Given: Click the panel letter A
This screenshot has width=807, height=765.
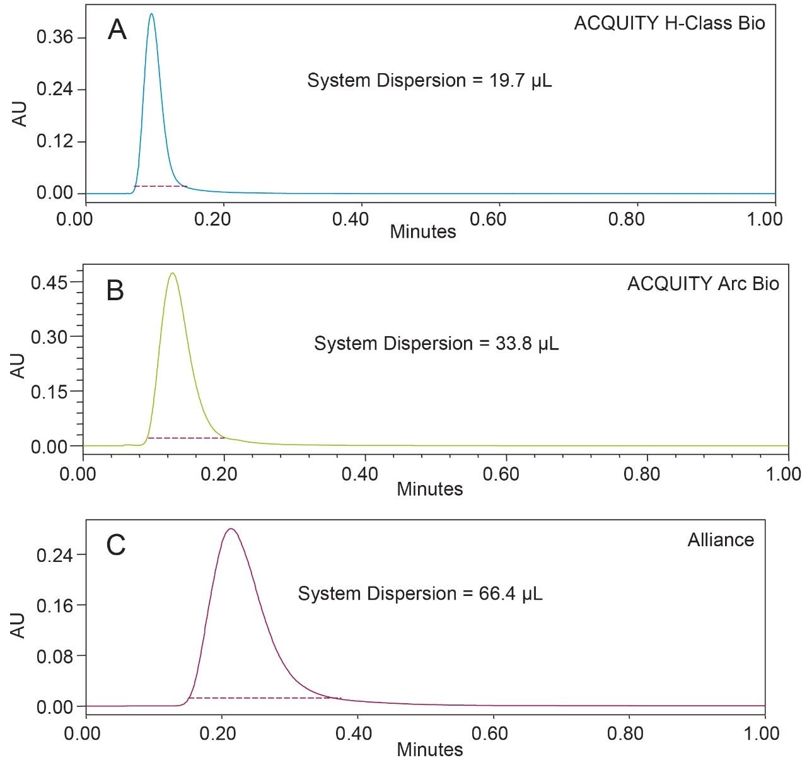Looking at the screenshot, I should coord(117,30).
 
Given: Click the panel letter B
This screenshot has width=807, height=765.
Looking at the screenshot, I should coord(115,291).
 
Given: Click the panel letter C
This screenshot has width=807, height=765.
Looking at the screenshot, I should coord(117,545).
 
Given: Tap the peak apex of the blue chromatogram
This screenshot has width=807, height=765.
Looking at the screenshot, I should coord(151,14).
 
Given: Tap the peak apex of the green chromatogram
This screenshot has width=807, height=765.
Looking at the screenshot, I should coord(172,273).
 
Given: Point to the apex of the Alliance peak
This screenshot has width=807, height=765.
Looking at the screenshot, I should coord(231,529).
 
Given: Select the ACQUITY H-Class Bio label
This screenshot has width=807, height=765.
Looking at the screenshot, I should coord(669,24).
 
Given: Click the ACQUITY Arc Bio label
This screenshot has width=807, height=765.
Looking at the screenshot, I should coord(703,284).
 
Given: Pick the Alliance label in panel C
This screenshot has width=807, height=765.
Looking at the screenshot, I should coord(721,540).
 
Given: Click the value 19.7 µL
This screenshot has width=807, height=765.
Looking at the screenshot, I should coord(520,81).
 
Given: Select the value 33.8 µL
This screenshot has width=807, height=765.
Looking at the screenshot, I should coord(527,344).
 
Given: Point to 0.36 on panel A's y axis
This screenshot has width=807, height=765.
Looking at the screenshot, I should coord(55,37).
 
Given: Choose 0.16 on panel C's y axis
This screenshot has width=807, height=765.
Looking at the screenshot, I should coord(55,605).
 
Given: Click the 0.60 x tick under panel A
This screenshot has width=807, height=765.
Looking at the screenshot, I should coord(489,219).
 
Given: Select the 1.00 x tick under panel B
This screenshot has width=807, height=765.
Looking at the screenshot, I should coord(783,474).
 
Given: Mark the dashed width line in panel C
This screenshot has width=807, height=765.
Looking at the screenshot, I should coord(265,698).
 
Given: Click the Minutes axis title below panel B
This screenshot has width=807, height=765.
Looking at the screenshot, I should coord(429,489).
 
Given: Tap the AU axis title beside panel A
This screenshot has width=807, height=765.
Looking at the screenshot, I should coord(21,114).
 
